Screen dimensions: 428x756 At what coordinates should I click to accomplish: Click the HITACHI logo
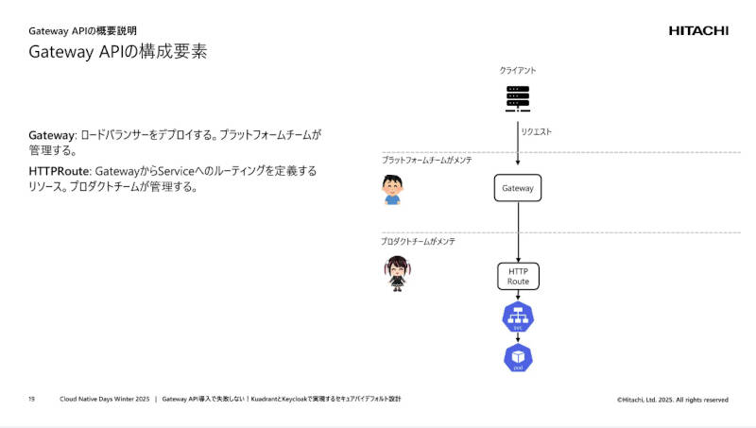click(x=698, y=30)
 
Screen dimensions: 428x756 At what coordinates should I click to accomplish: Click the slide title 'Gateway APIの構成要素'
click(x=118, y=53)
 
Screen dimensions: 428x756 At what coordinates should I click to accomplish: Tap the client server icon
click(x=518, y=97)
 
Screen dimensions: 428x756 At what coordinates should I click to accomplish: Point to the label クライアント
click(x=518, y=71)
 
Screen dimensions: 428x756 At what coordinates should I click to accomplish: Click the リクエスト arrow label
click(x=537, y=131)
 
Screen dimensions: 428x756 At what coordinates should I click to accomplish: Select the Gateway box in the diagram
click(x=518, y=188)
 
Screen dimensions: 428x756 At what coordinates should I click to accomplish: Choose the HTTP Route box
click(x=518, y=276)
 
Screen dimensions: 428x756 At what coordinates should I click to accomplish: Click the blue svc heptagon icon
click(x=518, y=317)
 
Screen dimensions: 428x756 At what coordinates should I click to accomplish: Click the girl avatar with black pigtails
click(x=396, y=272)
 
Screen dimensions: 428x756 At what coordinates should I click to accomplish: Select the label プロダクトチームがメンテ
click(x=419, y=242)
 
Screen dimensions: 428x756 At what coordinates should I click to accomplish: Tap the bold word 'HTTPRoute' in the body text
click(x=60, y=171)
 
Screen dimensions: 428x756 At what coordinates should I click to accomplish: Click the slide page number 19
click(x=31, y=400)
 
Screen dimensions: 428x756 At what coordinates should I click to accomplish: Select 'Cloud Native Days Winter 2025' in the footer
click(x=105, y=400)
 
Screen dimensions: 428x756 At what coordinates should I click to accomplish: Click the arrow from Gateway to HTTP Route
click(x=518, y=231)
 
